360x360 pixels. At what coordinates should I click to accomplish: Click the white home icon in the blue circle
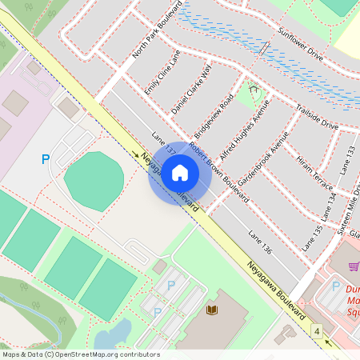click(180, 173)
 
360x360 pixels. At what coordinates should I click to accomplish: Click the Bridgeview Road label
click(215, 113)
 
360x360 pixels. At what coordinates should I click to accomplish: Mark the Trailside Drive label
click(318, 114)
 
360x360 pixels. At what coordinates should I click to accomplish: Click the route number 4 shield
click(318, 330)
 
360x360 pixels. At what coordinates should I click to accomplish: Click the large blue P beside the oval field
click(46, 160)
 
